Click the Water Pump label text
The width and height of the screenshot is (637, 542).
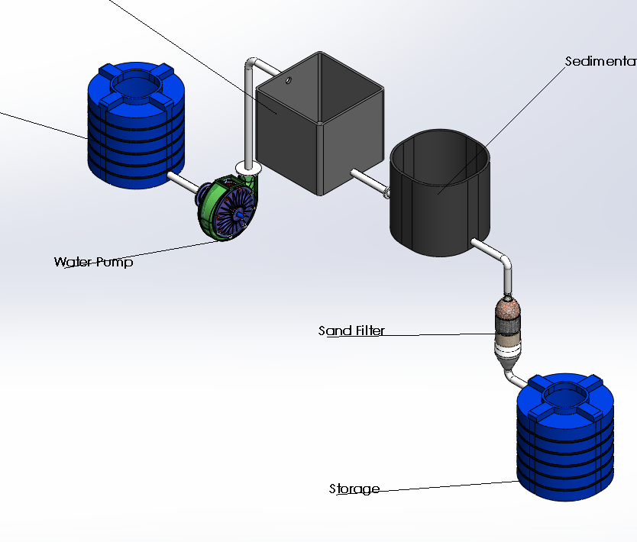pos(93,262)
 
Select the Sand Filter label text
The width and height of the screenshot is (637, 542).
pos(351,331)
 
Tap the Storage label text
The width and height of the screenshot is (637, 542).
pos(354,489)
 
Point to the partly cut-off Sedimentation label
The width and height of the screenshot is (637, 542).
pos(600,61)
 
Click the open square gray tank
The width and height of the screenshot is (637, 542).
pos(318,122)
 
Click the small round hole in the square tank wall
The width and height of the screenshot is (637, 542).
pos(288,79)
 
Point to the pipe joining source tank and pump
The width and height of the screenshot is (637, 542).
pos(183,182)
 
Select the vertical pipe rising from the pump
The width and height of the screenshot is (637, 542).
pos(249,115)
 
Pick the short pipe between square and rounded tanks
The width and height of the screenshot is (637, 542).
pos(370,182)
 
